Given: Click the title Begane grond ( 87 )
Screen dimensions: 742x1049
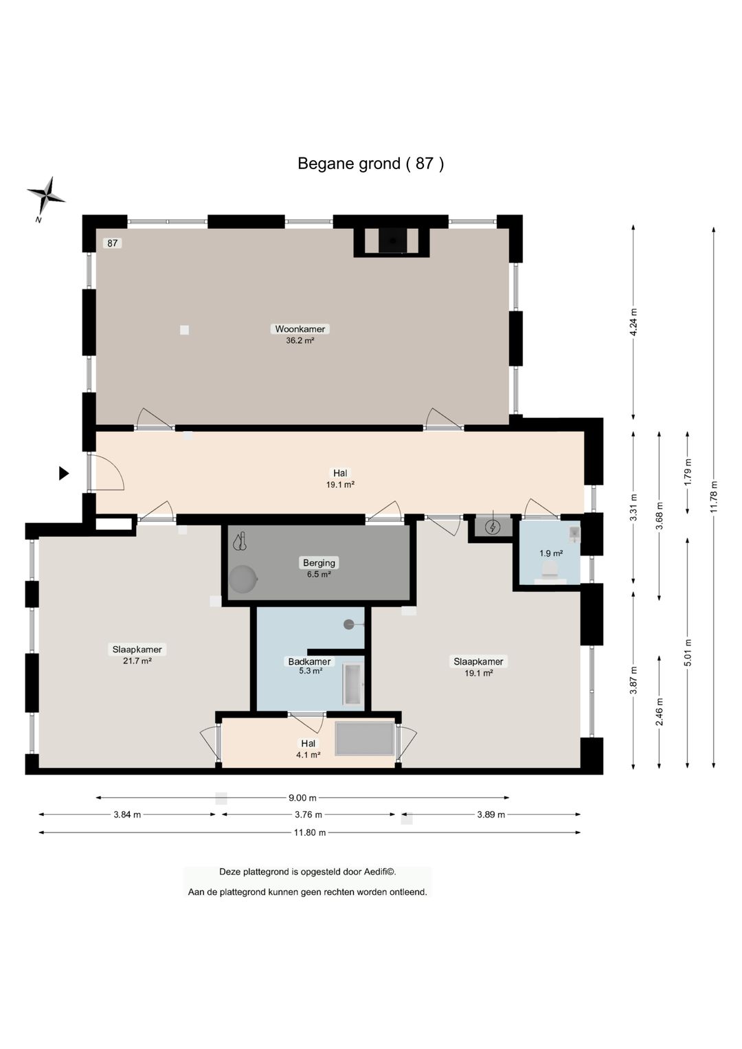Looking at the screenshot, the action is coord(371,164).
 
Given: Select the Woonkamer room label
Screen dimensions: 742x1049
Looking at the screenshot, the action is coord(300,329).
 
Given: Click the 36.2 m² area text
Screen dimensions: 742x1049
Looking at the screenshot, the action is coord(300,340).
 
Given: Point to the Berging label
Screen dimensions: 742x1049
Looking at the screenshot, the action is coord(319,562).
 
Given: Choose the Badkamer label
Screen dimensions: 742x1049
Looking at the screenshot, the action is coord(309,661).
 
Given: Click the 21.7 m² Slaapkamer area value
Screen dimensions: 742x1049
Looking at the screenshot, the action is coord(137,661).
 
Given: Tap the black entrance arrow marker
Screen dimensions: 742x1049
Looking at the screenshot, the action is coord(64,474).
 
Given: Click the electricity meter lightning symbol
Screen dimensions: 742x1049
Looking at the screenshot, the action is coord(492,527).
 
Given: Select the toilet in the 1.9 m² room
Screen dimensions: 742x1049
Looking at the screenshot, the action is coord(550,568).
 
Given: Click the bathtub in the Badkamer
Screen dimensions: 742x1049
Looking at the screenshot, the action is coord(353,684).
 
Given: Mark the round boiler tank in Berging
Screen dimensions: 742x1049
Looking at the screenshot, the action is coord(243,579).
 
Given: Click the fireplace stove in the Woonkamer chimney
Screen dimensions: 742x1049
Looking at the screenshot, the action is coord(392,241).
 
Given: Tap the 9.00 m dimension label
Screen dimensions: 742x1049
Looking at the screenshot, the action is coord(302,797).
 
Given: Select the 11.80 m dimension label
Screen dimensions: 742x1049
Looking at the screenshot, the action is coord(309,832).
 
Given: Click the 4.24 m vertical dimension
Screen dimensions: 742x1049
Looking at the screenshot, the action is coord(633,322).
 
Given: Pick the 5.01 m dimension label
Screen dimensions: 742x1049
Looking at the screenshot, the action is coord(687,652).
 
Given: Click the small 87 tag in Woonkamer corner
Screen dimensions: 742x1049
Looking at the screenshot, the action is coord(113,243).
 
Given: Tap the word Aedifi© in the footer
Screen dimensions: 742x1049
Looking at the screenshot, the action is coord(379,872).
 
